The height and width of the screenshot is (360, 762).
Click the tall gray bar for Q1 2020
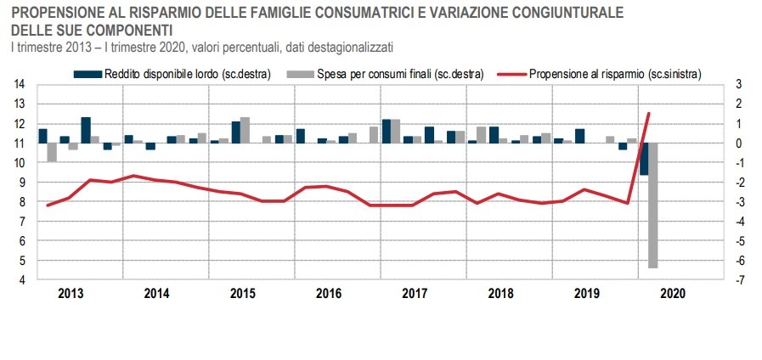click(x=653, y=205)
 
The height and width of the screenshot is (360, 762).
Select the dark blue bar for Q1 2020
click(x=644, y=159)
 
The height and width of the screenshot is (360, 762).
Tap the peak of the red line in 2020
click(x=649, y=113)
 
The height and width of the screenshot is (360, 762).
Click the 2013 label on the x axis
click(x=71, y=293)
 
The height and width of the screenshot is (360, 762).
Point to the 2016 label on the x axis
click(x=329, y=293)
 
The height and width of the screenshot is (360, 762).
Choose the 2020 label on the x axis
click(x=672, y=293)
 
